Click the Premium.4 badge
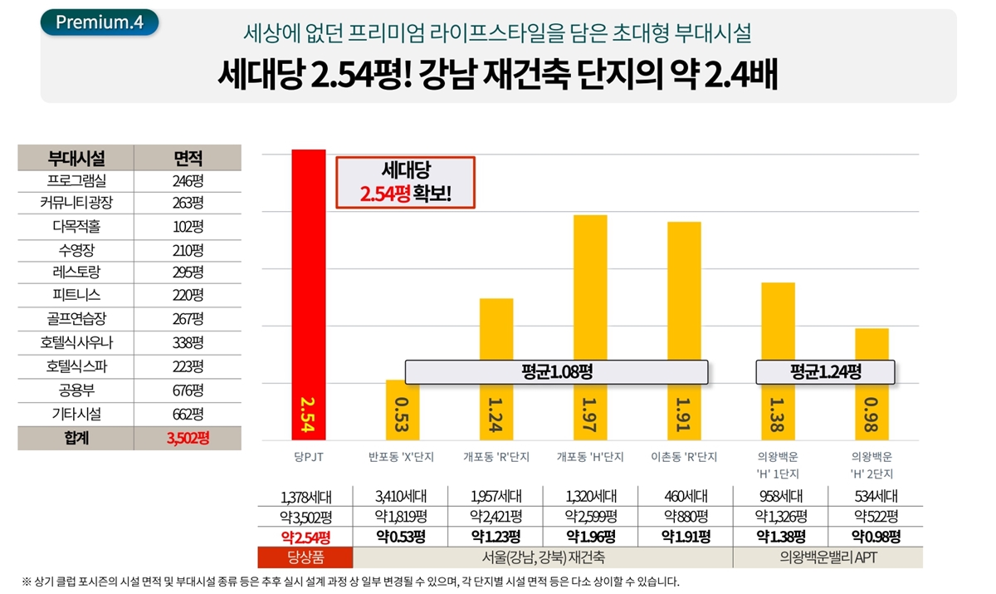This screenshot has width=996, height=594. (x=100, y=22)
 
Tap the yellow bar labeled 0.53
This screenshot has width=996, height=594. (x=402, y=410)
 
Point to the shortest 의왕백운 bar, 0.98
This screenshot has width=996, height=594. (x=871, y=384)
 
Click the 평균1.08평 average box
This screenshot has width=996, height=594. (x=556, y=372)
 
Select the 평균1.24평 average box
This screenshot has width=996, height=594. (x=826, y=372)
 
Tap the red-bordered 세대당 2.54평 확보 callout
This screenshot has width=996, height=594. (x=405, y=182)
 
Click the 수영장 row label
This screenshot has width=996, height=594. (x=76, y=249)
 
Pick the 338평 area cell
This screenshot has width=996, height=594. (x=188, y=343)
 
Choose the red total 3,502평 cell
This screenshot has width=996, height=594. (x=188, y=438)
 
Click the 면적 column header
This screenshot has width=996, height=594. (x=188, y=158)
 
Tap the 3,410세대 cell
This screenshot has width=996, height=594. (x=400, y=497)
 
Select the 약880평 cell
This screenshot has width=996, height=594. (x=684, y=516)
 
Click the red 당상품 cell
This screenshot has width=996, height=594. (x=305, y=557)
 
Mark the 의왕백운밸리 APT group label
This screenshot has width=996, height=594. (x=828, y=557)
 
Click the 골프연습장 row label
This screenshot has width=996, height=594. (x=76, y=319)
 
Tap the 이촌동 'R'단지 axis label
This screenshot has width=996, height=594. (x=684, y=457)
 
